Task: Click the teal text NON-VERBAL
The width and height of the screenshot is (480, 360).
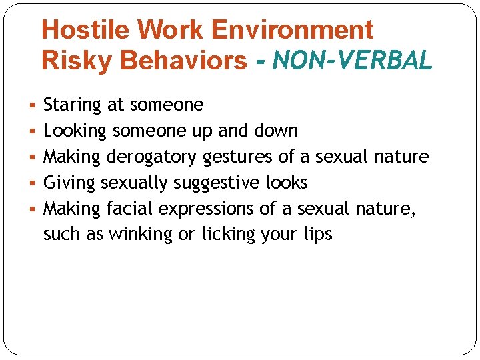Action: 352,61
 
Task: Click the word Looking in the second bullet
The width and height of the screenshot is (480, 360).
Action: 75,131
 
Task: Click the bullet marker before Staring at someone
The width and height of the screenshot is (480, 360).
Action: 34,105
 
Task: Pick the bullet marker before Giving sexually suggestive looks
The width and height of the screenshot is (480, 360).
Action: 34,183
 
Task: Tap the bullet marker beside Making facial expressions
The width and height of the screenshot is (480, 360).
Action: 34,209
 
